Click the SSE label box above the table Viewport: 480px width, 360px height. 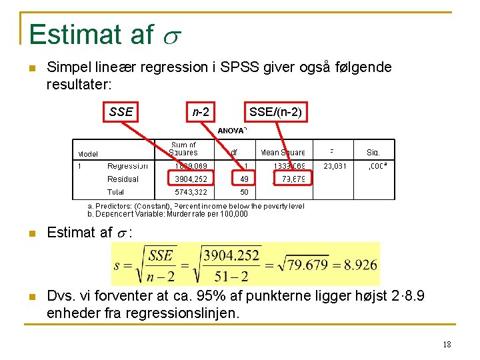[x=121, y=112]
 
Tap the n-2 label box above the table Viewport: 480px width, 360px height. [x=201, y=112]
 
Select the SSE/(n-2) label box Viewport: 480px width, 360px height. [x=275, y=112]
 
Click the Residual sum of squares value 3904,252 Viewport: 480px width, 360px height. [x=191, y=179]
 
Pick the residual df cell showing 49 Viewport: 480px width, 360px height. [x=244, y=179]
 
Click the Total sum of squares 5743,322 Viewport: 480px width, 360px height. [x=191, y=192]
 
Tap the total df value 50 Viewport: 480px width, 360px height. [x=244, y=192]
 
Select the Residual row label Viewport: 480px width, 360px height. [x=123, y=179]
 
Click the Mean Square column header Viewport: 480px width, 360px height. [x=283, y=152]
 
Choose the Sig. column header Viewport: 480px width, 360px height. [x=373, y=152]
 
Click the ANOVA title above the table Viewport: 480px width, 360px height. [x=232, y=131]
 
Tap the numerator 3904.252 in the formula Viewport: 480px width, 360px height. [x=231, y=255]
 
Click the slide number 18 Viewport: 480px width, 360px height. [x=446, y=344]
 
